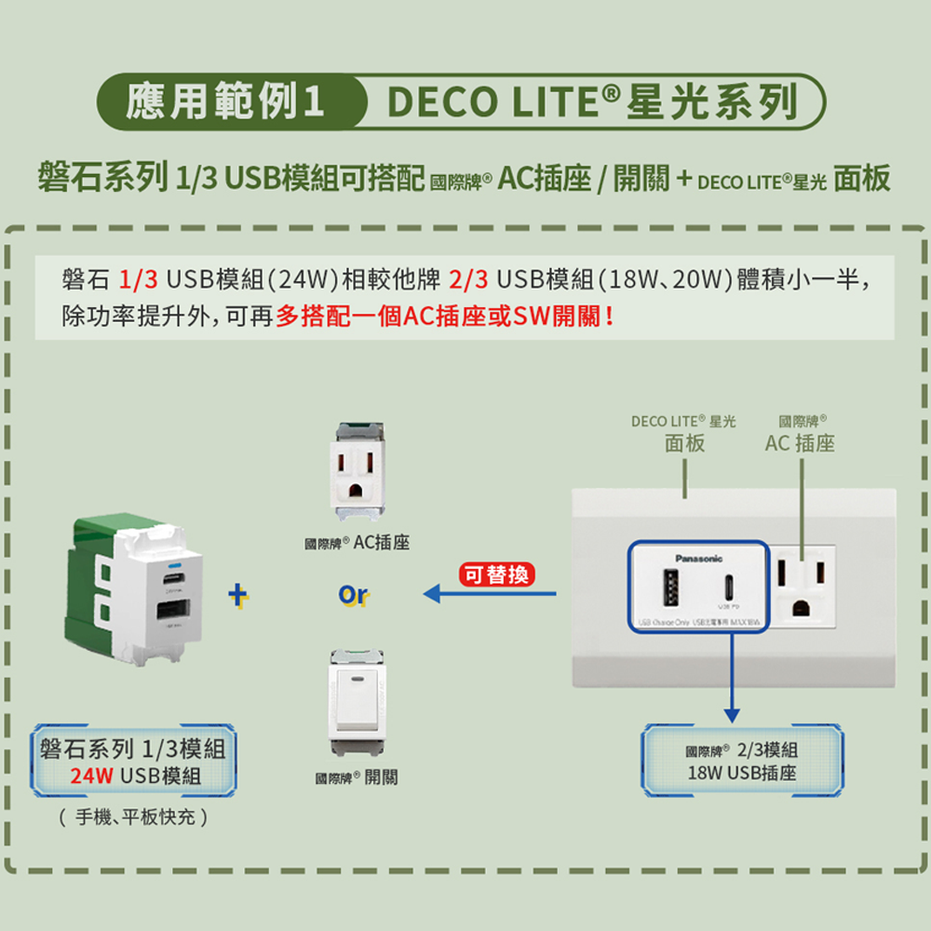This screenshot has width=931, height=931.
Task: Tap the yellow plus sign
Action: tap(239, 594)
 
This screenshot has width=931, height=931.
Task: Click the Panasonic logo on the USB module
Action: tap(698, 559)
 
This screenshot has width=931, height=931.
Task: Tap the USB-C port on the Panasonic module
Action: tap(729, 588)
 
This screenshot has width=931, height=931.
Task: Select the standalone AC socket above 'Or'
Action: tap(358, 473)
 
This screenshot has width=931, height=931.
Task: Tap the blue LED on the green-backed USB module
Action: tap(173, 566)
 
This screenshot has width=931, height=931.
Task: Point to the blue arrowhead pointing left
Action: tap(431, 593)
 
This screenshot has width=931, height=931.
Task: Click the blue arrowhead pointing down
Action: tap(732, 713)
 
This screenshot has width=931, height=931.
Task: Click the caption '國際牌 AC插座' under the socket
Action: tap(358, 542)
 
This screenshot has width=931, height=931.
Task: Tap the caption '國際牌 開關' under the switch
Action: tap(357, 777)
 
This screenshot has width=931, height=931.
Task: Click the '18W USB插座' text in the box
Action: tap(742, 774)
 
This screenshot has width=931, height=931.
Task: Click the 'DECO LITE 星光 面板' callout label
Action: tap(683, 433)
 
